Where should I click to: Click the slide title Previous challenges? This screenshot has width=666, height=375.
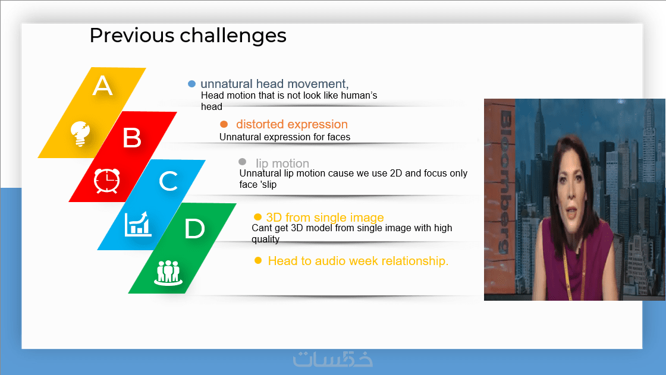(x=188, y=36)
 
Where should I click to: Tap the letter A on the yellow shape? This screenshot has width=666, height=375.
(x=102, y=86)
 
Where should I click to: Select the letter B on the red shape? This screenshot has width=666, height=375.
(x=131, y=138)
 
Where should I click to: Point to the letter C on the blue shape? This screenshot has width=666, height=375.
(x=168, y=181)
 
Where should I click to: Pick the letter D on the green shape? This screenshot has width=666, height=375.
(x=194, y=228)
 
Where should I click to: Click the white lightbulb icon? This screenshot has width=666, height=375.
(x=80, y=134)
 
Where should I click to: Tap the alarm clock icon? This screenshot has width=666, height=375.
(x=106, y=181)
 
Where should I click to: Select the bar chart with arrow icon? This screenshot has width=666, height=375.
(x=137, y=224)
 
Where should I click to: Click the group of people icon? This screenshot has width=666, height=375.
(x=168, y=273)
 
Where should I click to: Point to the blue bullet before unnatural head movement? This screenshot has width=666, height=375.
(x=191, y=84)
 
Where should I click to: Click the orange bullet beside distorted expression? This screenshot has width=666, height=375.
(x=224, y=124)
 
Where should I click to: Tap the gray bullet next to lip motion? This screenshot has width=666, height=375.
(x=243, y=162)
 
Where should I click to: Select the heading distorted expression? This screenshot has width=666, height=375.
(x=292, y=124)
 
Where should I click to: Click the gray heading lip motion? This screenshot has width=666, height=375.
(x=282, y=163)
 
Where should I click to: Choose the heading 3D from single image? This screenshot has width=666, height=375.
(x=325, y=218)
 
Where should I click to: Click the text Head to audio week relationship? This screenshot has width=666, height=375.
(x=358, y=261)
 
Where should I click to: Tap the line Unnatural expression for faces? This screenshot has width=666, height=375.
(x=285, y=137)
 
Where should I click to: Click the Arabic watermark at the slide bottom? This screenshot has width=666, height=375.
(x=333, y=359)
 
